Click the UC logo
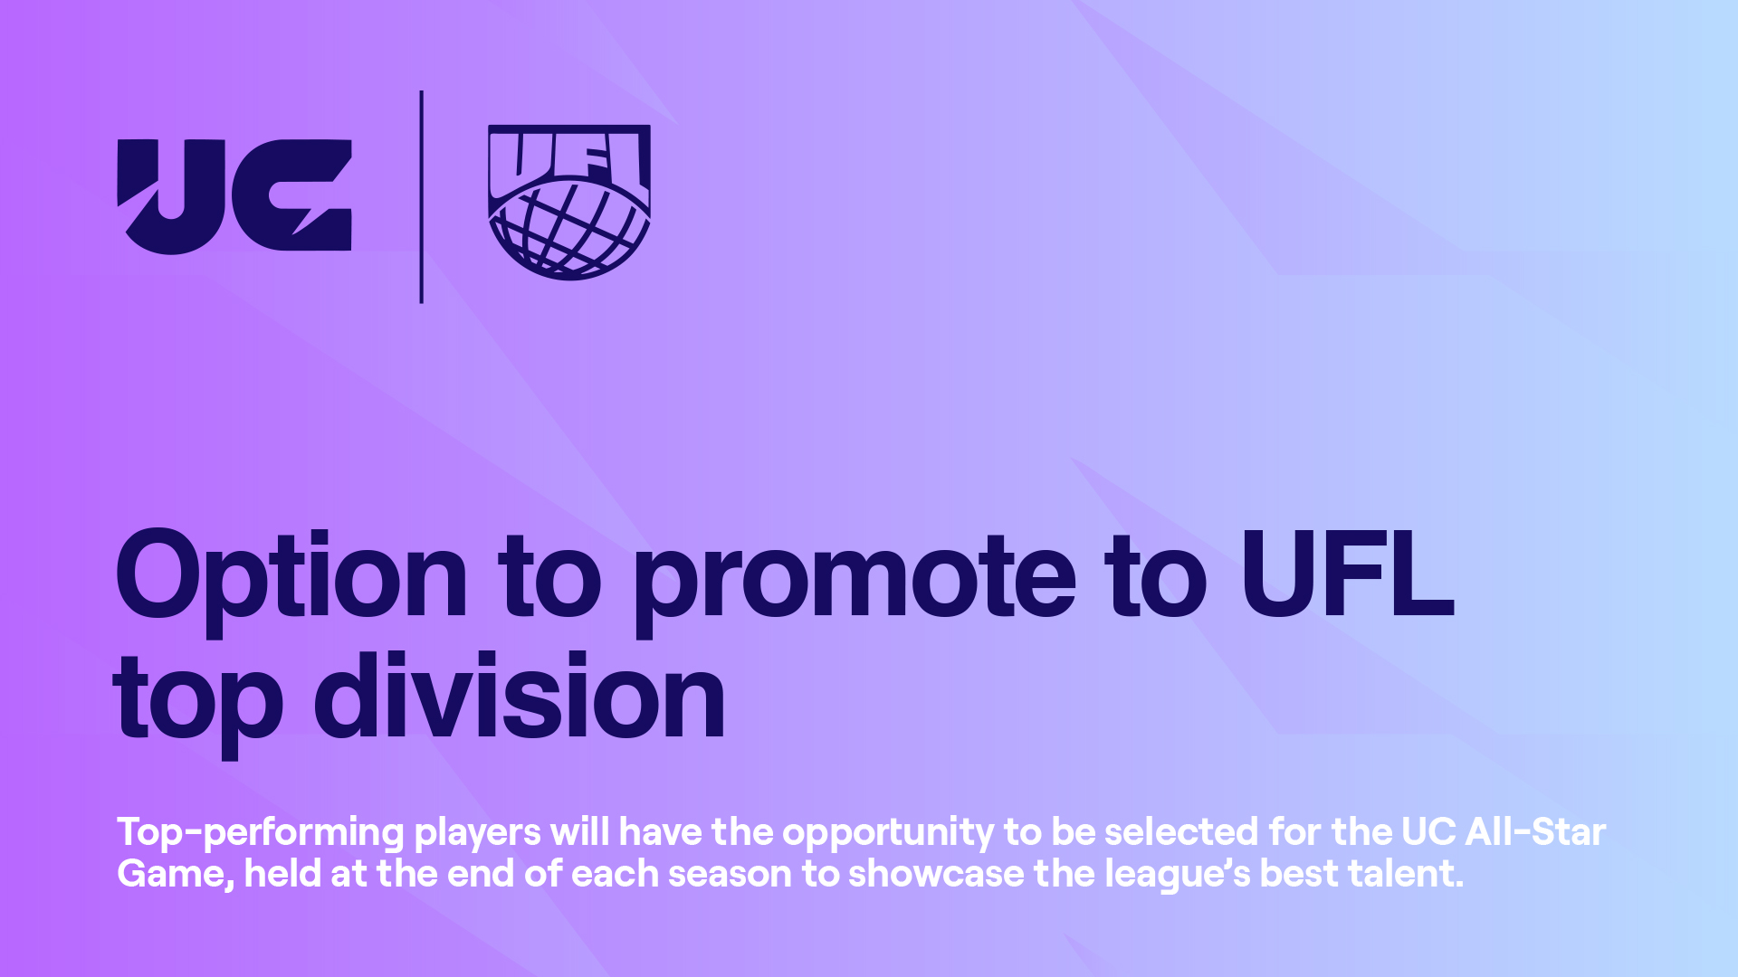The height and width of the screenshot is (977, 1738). click(x=234, y=196)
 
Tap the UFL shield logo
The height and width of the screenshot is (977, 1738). click(x=569, y=202)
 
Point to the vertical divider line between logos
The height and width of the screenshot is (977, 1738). click(x=422, y=196)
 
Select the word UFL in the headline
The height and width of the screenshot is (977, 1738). click(x=1347, y=572)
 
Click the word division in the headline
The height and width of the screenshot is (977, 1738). click(x=520, y=695)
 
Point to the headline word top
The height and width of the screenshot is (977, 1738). click(x=198, y=704)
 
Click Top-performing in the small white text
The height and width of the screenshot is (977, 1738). click(x=261, y=833)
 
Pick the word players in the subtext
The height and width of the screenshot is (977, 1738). click(x=477, y=833)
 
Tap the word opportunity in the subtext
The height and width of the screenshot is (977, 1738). click(x=888, y=833)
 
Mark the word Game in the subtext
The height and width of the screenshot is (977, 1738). click(x=176, y=875)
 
